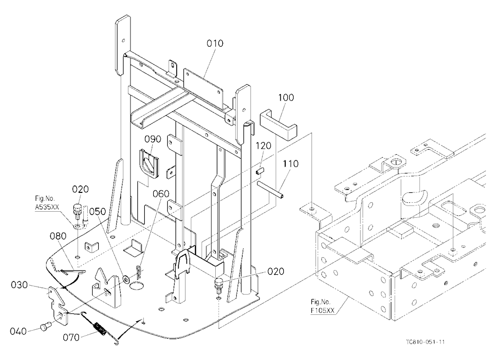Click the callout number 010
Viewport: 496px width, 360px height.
[x=215, y=43]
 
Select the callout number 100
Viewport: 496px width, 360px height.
[x=286, y=97]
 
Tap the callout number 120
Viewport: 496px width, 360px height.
[x=263, y=145]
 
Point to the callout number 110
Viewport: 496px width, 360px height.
[x=290, y=164]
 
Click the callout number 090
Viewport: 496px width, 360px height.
[x=153, y=139]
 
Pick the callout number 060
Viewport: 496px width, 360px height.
[x=161, y=193]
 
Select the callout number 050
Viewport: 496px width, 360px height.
[x=97, y=211]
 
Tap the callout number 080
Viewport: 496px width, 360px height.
[x=58, y=236]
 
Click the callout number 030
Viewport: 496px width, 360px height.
[x=19, y=285]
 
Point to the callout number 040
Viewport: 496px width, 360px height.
[x=18, y=331]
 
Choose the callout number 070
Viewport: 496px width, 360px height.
[x=71, y=338]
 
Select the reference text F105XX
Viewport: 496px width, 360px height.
[x=322, y=310]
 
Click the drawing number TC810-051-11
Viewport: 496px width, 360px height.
[x=426, y=342]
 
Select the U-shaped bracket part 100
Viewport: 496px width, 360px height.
[x=278, y=124]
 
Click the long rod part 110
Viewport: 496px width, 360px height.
[x=270, y=189]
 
